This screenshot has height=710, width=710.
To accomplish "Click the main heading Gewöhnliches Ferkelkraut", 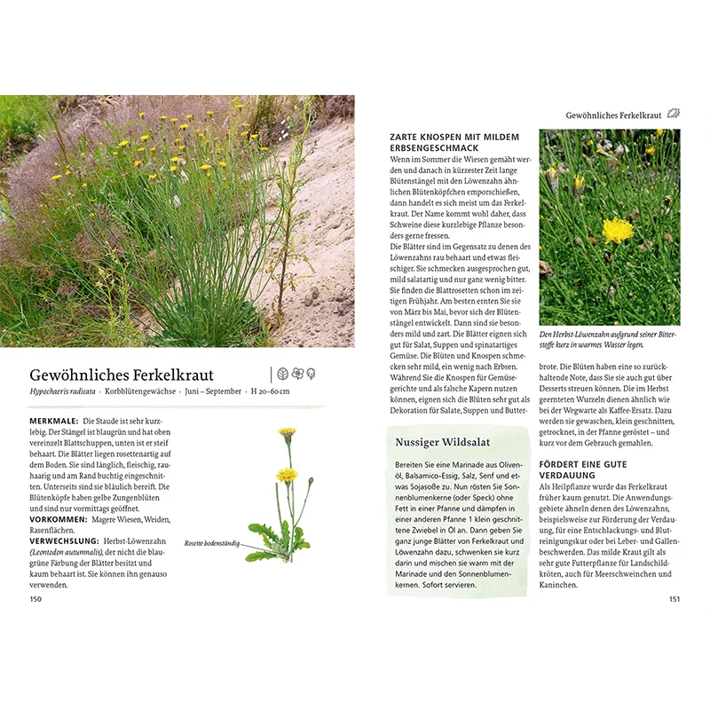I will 122,375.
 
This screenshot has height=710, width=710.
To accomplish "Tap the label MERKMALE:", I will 53,421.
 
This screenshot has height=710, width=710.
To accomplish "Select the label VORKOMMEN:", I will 59,519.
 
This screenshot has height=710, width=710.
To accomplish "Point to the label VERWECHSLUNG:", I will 65,541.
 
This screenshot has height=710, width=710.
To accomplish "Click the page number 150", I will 35,599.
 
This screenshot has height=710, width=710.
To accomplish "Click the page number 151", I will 674,599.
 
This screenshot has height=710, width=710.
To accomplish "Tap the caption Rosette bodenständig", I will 211,543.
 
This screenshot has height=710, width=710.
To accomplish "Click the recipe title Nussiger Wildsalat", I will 443,441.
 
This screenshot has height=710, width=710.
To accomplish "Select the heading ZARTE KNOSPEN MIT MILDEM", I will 454,137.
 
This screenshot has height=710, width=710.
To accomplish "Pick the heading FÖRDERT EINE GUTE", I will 583,464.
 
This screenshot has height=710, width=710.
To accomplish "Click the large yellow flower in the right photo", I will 618,231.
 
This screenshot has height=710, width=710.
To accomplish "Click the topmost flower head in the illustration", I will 287,433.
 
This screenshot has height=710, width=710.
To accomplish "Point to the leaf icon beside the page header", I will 674,114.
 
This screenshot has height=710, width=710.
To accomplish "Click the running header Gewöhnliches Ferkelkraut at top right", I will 614,115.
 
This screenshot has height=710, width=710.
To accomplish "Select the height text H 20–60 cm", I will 270,391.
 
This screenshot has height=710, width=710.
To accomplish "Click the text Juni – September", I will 211,391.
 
